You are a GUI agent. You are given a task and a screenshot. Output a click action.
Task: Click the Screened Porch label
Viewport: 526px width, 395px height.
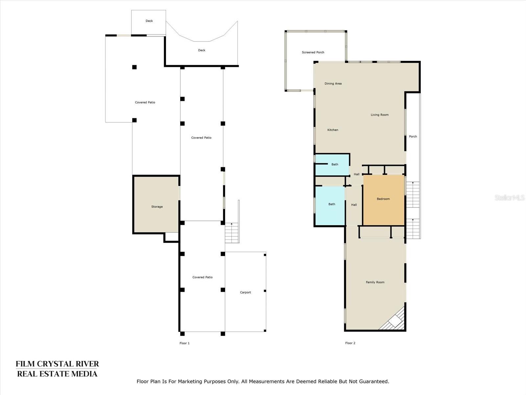coord(313,52)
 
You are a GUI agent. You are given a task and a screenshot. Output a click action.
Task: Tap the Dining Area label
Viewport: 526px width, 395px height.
coord(333,84)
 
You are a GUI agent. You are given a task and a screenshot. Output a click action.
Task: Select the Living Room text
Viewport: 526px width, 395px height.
coord(380,115)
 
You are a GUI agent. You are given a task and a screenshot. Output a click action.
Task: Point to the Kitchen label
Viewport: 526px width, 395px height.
coord(333,130)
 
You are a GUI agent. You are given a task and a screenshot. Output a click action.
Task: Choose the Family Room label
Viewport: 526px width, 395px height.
coord(375,282)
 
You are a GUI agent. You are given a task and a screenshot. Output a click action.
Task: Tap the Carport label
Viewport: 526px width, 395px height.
coord(245,292)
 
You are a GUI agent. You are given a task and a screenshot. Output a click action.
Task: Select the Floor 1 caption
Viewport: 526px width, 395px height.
coord(184,343)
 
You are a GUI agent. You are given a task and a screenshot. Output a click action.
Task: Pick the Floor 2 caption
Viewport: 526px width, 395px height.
coord(350,343)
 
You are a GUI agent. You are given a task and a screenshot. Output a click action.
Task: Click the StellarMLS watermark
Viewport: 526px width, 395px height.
coord(510,197)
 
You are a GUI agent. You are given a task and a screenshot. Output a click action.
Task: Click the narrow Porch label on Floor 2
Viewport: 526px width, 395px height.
coord(413,137)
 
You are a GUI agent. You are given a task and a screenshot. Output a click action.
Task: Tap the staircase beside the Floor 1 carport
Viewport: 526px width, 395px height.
coord(232,233)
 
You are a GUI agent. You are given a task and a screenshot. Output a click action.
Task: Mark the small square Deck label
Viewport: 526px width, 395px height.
coord(149,21)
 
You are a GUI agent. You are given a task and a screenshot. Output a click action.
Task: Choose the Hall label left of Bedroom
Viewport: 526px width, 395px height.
coord(354,205)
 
